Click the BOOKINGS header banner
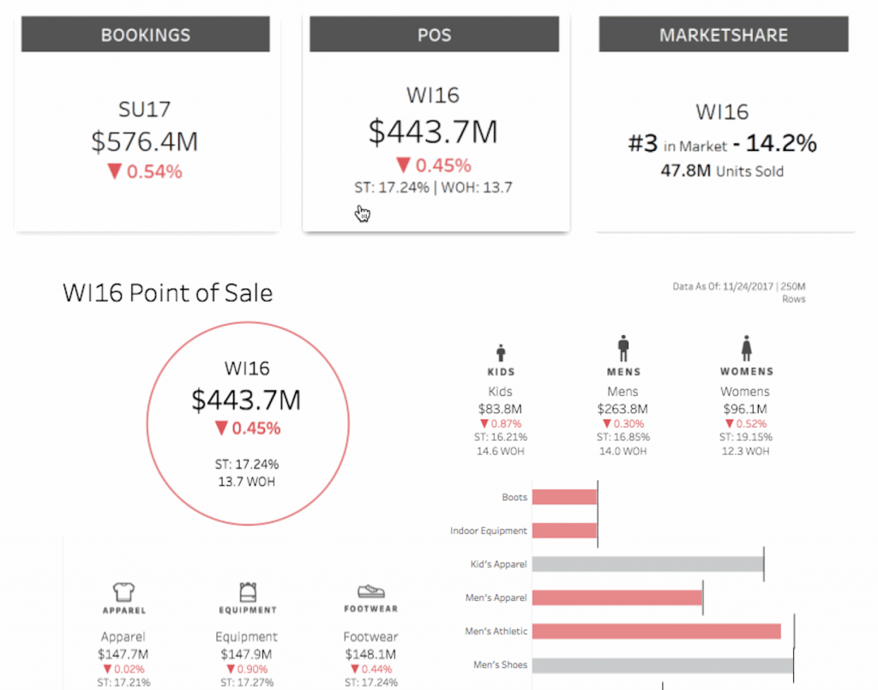pos(146,34)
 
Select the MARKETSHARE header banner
pos(724,34)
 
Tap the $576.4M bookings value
pos(144,141)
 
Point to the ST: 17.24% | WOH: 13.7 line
pos(433,188)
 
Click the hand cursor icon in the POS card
pos(363,213)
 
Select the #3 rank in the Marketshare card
pos(643,144)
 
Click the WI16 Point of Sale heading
pos(167,292)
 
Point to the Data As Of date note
pos(739,292)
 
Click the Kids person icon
pos(501,352)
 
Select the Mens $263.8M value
pos(622,409)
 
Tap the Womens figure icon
pos(746,348)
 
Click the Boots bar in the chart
pos(564,497)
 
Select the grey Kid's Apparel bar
pos(648,564)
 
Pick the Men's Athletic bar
pos(656,631)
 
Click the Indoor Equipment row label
pos(488,531)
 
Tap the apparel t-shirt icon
pos(123,591)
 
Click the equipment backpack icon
pos(248,591)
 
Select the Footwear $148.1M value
pos(370,654)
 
